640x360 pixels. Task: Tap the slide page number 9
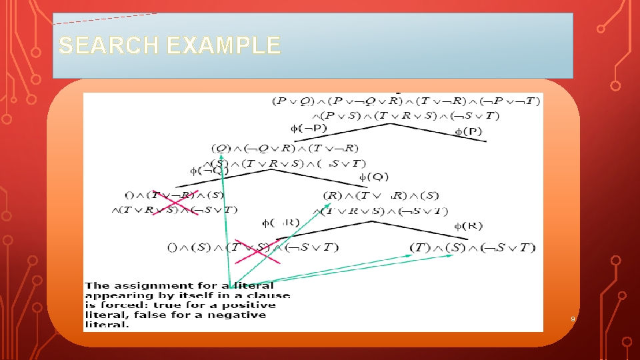[572, 319]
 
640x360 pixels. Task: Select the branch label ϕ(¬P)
[308, 128]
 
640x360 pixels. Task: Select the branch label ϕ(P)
[468, 131]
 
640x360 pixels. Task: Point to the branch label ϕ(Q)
[374, 177]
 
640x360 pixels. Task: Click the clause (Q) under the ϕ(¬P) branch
[221, 148]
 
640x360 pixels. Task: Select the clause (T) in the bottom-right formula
[420, 248]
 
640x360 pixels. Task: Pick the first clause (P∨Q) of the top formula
[291, 102]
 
